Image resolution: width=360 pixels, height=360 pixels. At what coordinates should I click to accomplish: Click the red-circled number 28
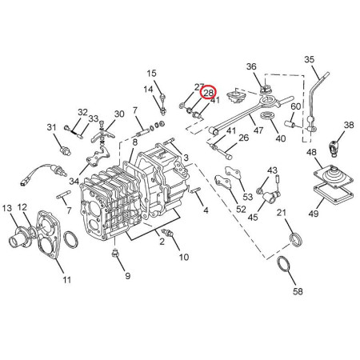(x=209, y=93)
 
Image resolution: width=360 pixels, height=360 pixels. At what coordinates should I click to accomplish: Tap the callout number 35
(x=310, y=59)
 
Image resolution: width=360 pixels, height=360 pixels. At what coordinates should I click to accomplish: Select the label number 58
(x=298, y=291)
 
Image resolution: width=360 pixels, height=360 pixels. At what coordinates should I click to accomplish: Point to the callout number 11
(x=67, y=280)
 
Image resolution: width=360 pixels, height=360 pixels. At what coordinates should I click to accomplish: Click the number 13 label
(x=7, y=208)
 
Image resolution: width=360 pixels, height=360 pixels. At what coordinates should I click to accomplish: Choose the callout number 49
(x=314, y=214)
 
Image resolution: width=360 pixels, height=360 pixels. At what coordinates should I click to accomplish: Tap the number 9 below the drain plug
(x=128, y=276)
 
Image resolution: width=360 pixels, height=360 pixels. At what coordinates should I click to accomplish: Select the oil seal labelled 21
(x=296, y=240)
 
